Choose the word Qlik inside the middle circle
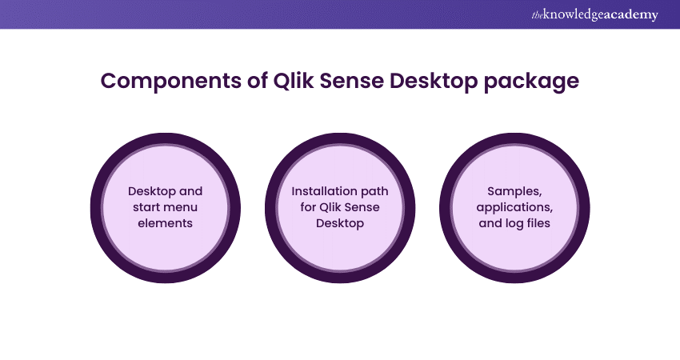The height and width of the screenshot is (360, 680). [327, 207]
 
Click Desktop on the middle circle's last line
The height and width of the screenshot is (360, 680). [340, 223]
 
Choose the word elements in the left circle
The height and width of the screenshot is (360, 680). [166, 223]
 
